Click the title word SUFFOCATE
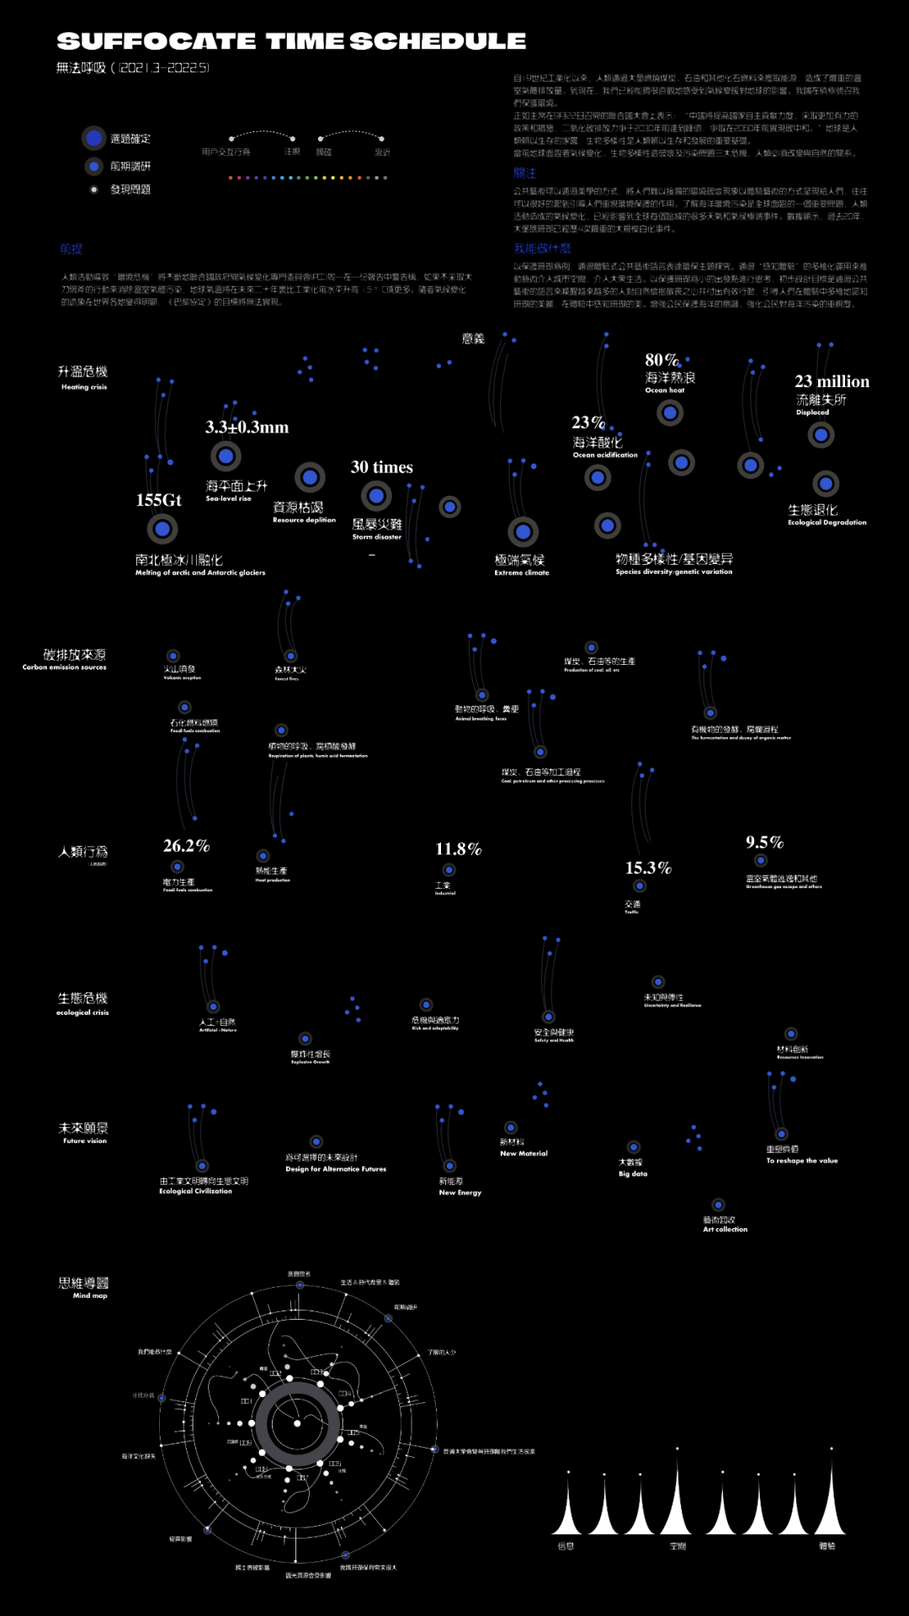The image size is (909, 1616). (157, 41)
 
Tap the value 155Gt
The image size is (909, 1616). (158, 500)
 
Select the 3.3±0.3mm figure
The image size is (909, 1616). (247, 428)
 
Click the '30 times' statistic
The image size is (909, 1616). (381, 467)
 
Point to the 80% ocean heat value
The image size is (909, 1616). (662, 360)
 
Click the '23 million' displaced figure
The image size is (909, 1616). (832, 381)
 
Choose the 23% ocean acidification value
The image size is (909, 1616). (587, 423)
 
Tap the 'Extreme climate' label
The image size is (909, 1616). (521, 572)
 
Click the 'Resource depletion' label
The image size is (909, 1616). (304, 520)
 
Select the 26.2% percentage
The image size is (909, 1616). (186, 846)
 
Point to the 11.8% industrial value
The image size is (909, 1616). (458, 849)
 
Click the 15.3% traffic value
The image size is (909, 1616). (648, 868)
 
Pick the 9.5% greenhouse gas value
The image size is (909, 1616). (764, 843)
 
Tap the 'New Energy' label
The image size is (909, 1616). (460, 1193)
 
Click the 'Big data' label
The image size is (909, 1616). (633, 1174)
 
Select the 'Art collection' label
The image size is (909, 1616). (725, 1230)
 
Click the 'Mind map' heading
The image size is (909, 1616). (90, 1295)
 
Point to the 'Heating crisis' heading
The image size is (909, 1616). (83, 387)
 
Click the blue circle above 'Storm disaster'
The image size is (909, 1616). (376, 497)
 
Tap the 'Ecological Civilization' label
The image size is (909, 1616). (195, 1191)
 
